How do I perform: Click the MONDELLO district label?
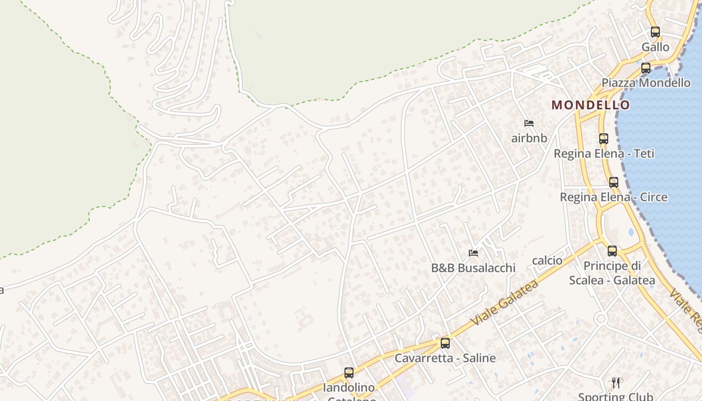point(590,105)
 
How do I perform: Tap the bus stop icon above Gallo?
point(655,32)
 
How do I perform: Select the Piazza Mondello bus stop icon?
point(646,68)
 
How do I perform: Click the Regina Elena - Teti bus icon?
point(604,139)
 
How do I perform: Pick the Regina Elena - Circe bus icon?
point(613,182)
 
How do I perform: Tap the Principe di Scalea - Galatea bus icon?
point(612,251)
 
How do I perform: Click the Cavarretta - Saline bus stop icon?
point(445,343)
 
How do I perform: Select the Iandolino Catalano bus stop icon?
point(349,373)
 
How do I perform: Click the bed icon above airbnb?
point(529,123)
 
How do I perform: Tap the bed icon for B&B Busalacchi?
point(473,253)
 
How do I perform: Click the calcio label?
point(547,260)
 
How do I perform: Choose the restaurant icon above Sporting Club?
point(616,383)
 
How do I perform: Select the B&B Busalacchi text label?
point(473,268)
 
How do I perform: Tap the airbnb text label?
point(529,138)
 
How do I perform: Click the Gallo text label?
point(655,47)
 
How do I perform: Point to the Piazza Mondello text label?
point(646,83)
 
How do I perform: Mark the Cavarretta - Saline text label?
point(445,358)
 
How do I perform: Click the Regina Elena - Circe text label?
point(613,197)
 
